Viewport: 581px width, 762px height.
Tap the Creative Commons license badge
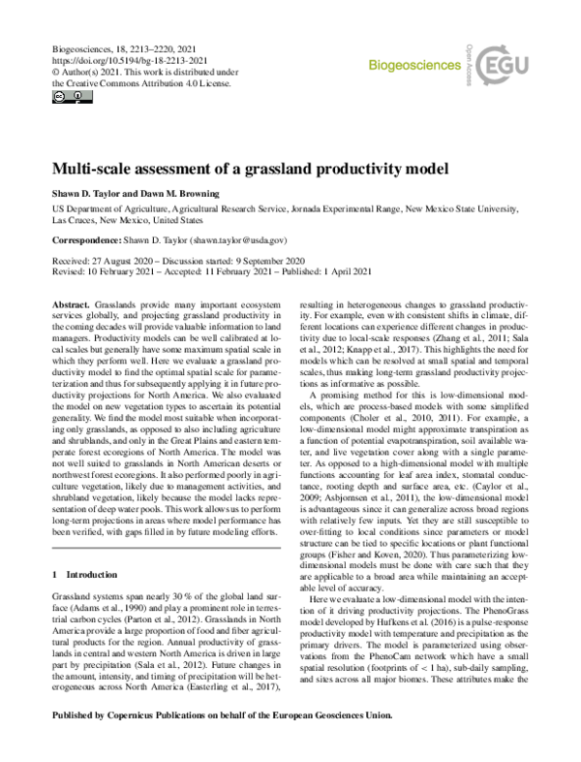click(x=61, y=96)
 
